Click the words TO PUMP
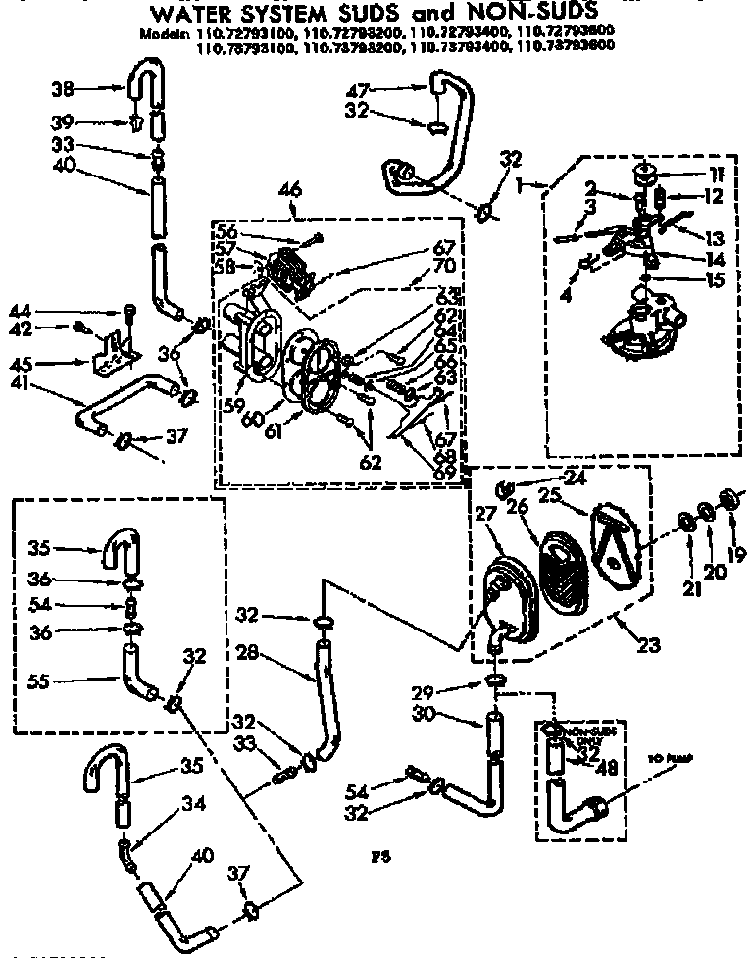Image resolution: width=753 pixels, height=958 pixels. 671,759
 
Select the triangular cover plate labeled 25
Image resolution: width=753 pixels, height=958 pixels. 613,539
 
